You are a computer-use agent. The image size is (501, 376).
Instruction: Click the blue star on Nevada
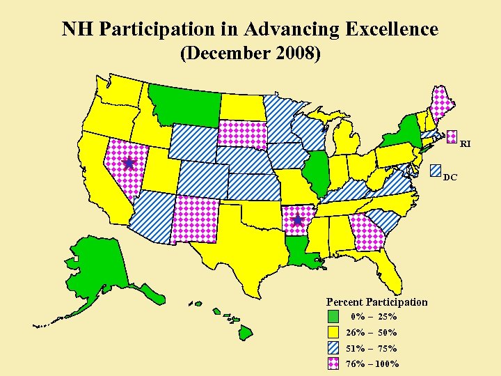coord(129,163)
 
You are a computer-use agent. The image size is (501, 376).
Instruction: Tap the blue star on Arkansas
coord(298,220)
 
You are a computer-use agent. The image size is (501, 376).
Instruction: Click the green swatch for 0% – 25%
coord(334,317)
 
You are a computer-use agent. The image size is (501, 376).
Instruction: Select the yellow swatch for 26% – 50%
coord(334,332)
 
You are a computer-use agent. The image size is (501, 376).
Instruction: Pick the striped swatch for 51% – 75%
coord(334,347)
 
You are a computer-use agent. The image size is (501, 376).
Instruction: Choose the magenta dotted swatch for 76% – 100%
coord(334,363)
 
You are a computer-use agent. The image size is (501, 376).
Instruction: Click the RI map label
coord(466,144)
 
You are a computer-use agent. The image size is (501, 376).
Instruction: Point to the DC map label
coord(450,178)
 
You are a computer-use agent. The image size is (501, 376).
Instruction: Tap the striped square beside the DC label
coord(436,169)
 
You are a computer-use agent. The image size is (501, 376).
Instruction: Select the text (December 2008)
coord(250,53)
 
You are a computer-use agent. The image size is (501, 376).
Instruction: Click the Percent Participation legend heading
coord(377,301)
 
